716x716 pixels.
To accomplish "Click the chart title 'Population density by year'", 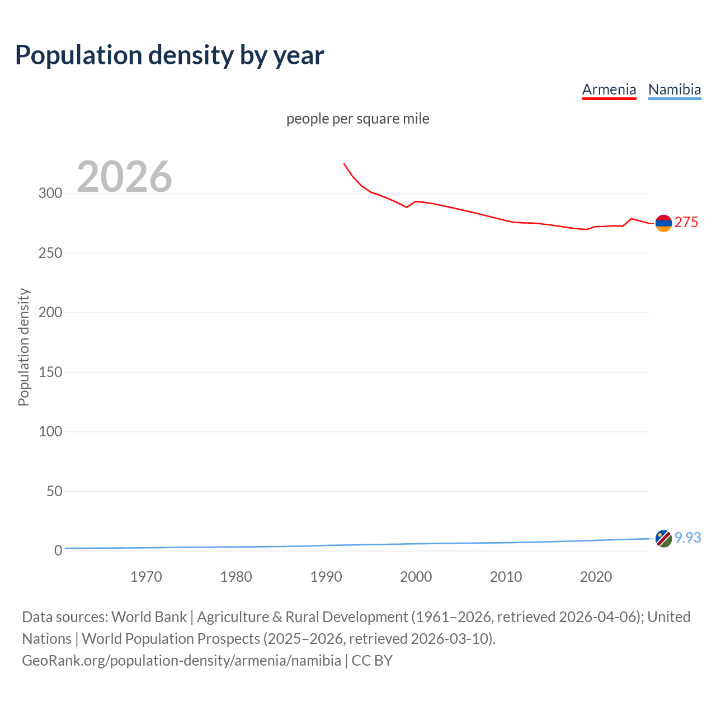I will pyautogui.click(x=169, y=55).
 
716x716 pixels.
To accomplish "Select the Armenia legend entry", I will pyautogui.click(x=609, y=89).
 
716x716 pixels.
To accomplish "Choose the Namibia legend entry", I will pyautogui.click(x=674, y=89).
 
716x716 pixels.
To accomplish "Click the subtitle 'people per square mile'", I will pyautogui.click(x=357, y=119).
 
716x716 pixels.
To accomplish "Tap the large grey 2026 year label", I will pyautogui.click(x=124, y=177).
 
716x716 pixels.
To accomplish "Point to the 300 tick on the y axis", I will pyautogui.click(x=50, y=194).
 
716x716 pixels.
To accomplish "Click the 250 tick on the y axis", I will pyautogui.click(x=50, y=253).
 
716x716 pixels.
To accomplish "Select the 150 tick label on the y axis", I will pyautogui.click(x=50, y=372).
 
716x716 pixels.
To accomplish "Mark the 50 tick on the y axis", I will pyautogui.click(x=54, y=491).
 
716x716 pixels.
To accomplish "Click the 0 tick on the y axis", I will pyautogui.click(x=58, y=550).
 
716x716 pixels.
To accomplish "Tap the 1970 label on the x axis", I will pyautogui.click(x=146, y=577).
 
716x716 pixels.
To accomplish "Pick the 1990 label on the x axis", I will pyautogui.click(x=326, y=577).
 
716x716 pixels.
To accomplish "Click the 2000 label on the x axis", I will pyautogui.click(x=416, y=577).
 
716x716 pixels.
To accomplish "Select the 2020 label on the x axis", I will pyautogui.click(x=596, y=577).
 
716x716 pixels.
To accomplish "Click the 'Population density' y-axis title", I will pyautogui.click(x=23, y=347).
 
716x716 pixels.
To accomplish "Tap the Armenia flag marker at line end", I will pyautogui.click(x=663, y=223).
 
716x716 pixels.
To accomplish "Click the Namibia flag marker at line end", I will pyautogui.click(x=663, y=539).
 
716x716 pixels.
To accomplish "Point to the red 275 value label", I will pyautogui.click(x=686, y=223).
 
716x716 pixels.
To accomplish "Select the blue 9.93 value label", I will pyautogui.click(x=687, y=538).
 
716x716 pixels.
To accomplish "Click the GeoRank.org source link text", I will pyautogui.click(x=181, y=661).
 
